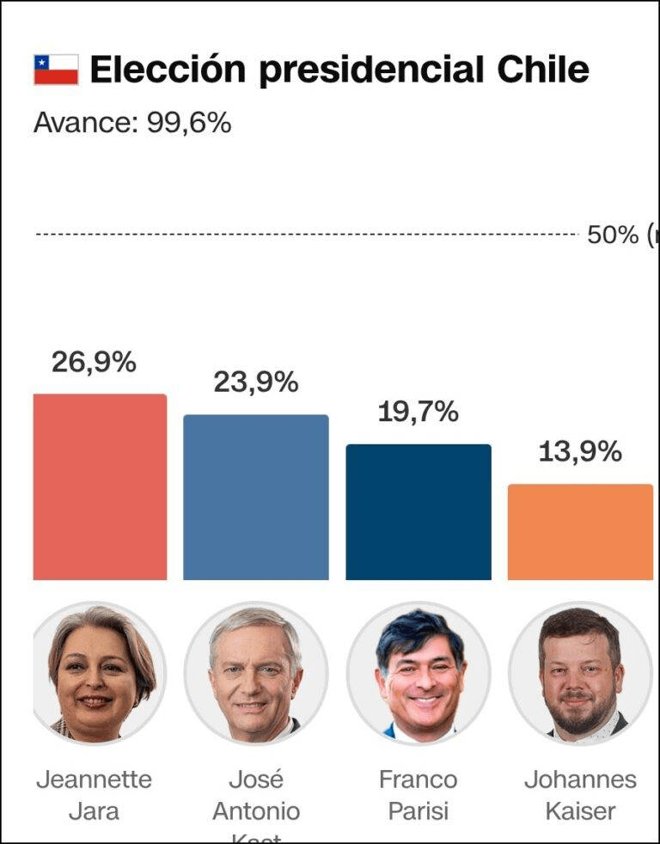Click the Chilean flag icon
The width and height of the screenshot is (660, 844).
56,70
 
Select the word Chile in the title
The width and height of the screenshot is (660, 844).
543,70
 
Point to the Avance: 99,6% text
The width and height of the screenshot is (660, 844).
132,123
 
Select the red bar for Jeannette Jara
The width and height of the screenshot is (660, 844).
100,487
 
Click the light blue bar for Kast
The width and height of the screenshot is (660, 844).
256,498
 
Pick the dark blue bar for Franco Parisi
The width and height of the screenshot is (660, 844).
419,512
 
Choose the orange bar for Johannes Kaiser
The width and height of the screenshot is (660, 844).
580,532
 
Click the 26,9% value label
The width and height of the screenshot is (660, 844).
94,363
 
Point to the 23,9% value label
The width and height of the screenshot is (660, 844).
256,382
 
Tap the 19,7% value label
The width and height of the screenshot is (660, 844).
419,413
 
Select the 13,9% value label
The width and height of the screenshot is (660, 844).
580,452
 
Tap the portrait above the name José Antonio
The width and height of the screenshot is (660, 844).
256,673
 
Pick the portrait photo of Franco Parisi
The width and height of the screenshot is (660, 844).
419,673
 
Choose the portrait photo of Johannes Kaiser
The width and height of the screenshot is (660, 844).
580,673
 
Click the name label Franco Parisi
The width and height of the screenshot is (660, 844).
419,795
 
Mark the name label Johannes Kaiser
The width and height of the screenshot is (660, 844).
580,795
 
